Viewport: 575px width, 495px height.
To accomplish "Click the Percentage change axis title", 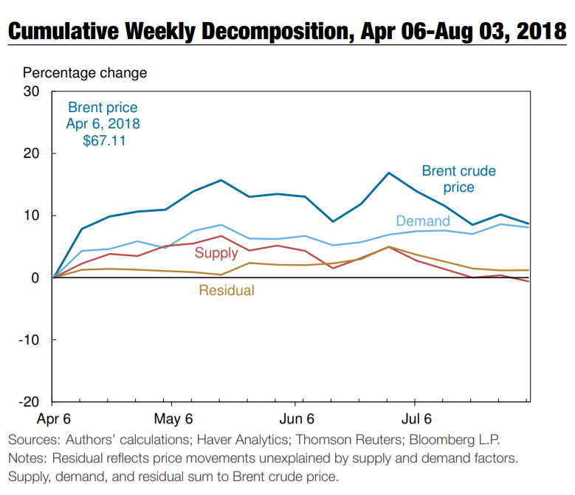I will tap(85, 73).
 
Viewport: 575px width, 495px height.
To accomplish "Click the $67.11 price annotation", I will tap(103, 139).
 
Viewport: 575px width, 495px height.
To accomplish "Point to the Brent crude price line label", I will tap(458, 179).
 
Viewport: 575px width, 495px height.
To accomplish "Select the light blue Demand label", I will tap(423, 221).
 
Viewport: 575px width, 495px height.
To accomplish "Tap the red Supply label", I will tap(216, 253).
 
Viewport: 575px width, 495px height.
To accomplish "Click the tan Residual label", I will tap(227, 291).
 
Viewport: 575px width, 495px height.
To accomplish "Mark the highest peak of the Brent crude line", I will tap(389, 173).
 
